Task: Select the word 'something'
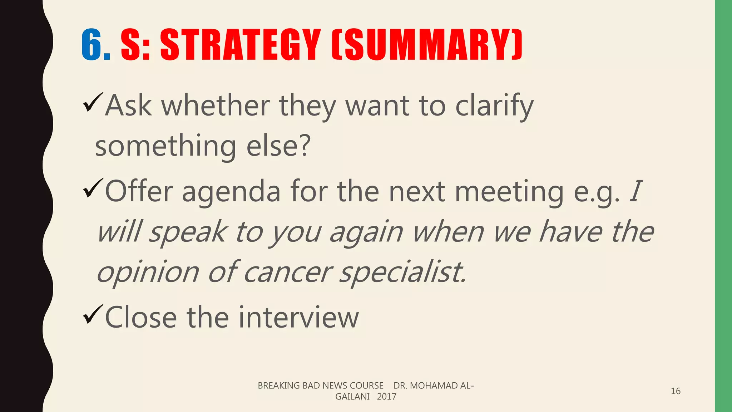tap(165, 147)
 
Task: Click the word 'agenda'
tap(231, 192)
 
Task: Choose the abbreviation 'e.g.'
tap(596, 192)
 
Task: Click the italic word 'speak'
tap(187, 232)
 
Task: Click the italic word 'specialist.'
tap(402, 273)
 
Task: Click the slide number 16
tap(676, 391)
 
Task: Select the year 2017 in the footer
tap(386, 397)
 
